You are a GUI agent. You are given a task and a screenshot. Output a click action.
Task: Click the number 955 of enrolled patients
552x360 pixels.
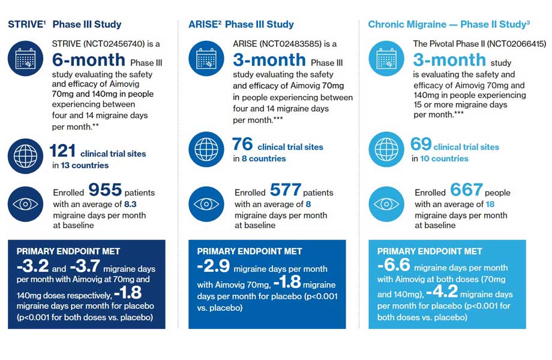[x=105, y=190]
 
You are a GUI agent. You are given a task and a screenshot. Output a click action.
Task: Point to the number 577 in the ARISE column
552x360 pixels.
[x=286, y=190]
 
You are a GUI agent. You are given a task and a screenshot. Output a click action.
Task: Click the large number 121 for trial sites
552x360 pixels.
[x=62, y=151]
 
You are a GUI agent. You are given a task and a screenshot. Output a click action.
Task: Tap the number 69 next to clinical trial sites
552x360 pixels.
[x=421, y=145]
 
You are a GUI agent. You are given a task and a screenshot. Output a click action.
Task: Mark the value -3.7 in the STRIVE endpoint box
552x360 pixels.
[x=85, y=266]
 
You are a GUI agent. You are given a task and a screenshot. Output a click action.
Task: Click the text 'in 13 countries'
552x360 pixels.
[x=80, y=165]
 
